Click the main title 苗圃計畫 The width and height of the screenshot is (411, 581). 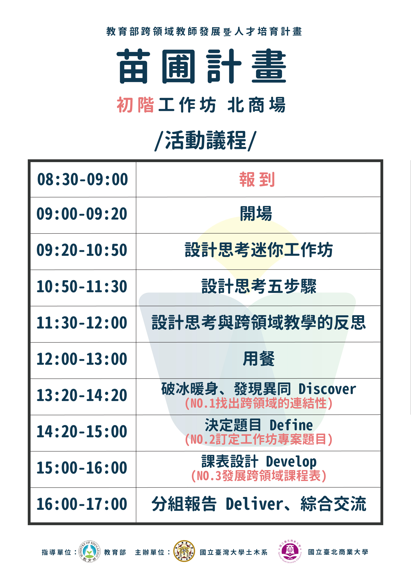[x=202, y=66]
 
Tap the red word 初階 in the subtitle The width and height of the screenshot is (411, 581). [x=135, y=105]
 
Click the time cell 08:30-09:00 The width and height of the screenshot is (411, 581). [x=82, y=179]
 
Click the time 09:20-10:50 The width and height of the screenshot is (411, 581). [x=82, y=250]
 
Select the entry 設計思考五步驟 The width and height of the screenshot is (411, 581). [x=259, y=286]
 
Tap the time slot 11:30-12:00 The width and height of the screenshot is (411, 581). [x=82, y=323]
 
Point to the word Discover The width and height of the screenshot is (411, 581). [x=327, y=389]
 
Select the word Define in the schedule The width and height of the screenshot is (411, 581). [x=291, y=425]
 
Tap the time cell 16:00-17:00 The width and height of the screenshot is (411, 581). [x=82, y=504]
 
